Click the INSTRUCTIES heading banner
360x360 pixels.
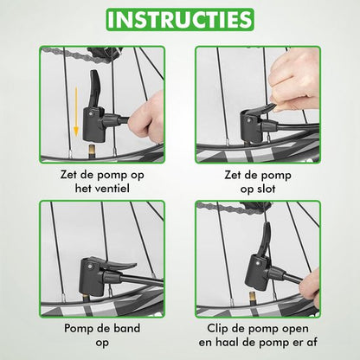(180, 19)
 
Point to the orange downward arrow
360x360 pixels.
(76, 112)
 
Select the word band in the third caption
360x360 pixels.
(125, 328)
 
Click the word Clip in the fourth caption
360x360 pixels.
(218, 329)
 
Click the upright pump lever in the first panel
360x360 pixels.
(94, 88)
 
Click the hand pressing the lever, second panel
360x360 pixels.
(293, 81)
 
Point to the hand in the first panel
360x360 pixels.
(146, 115)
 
